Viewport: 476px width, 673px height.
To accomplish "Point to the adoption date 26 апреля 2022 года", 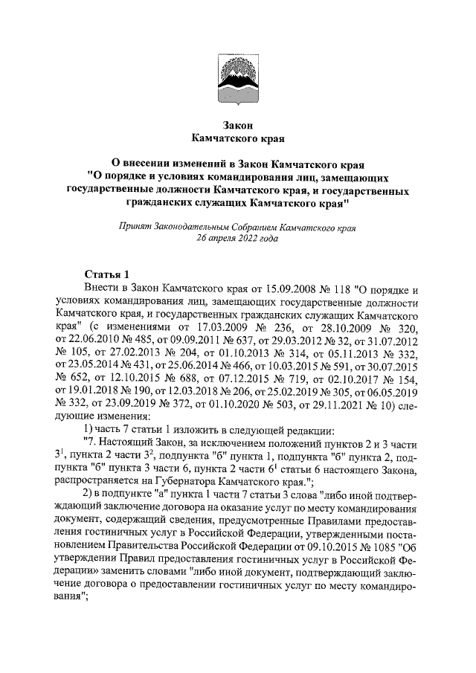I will click(x=237, y=239).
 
